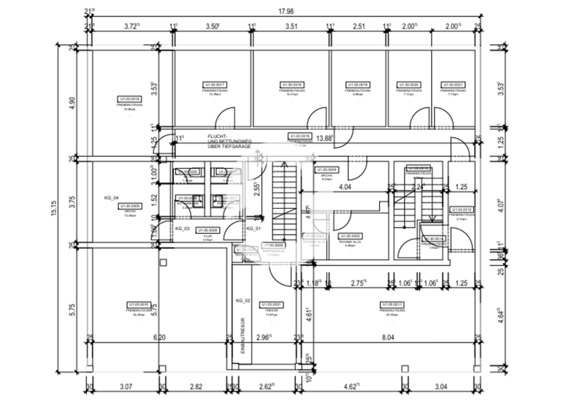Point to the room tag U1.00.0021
point(453,85)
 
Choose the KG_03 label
point(182,229)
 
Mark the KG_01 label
point(253,229)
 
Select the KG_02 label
point(243,301)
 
